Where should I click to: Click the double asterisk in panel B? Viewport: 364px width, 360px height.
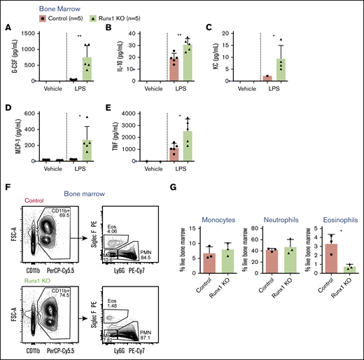tap(180, 35)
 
